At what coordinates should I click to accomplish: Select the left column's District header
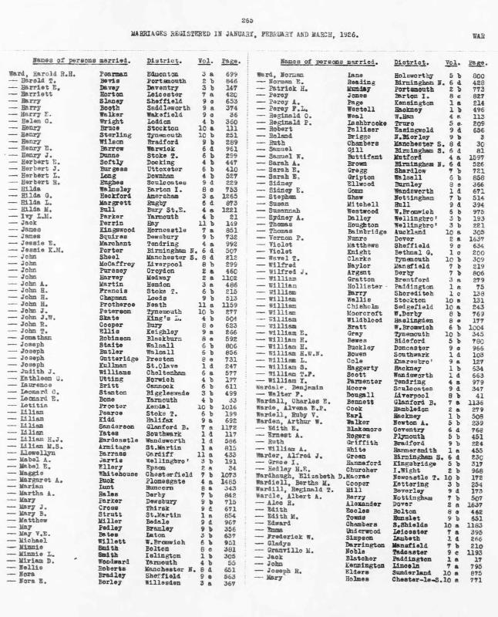[153, 60]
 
